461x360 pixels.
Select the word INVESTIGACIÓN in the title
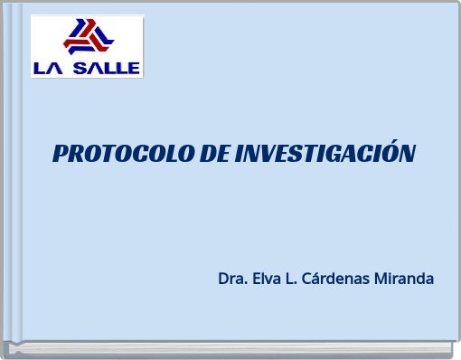point(325,154)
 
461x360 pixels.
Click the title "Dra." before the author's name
point(231,279)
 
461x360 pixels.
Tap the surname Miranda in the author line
point(404,279)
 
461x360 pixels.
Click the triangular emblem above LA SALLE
point(88,38)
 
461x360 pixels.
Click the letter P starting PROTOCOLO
point(61,154)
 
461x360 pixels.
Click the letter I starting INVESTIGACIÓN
point(239,154)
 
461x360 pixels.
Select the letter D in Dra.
point(223,279)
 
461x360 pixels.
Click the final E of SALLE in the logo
point(134,67)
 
